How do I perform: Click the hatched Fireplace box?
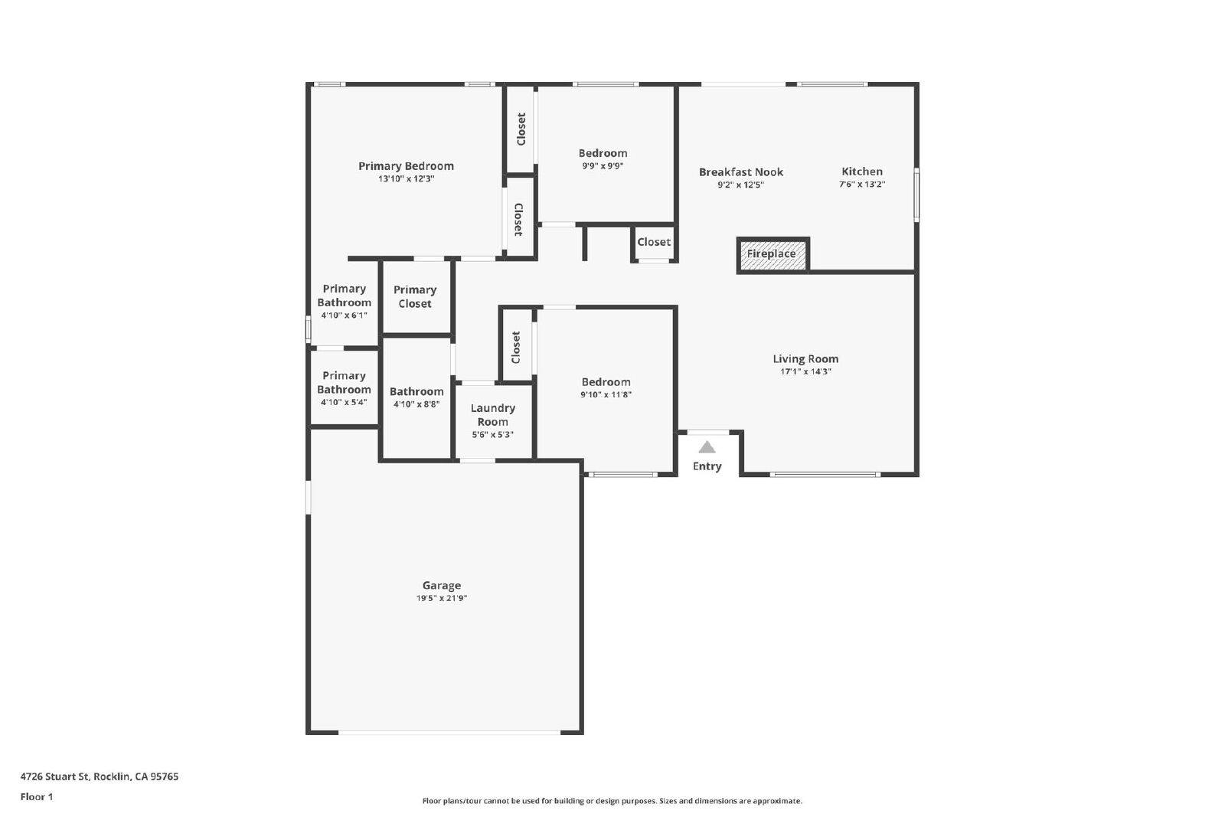773,255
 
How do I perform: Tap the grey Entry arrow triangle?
707,447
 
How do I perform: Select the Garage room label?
442,586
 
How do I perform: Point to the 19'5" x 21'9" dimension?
442,598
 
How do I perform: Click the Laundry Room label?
493,414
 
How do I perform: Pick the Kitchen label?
862,172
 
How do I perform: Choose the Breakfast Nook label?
741,172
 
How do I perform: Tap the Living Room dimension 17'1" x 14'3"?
805,371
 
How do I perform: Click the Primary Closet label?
415,296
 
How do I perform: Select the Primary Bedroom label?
406,166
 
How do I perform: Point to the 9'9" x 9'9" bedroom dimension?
603,165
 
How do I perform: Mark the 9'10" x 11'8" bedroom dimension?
606,394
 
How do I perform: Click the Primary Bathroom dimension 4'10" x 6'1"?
344,315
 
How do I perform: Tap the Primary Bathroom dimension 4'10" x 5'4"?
344,402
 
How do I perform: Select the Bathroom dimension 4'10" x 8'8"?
416,404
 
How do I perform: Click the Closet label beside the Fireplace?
654,242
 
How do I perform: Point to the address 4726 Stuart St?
54,776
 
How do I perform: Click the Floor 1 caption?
37,797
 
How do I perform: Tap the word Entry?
707,466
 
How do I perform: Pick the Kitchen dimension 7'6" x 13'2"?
862,185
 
